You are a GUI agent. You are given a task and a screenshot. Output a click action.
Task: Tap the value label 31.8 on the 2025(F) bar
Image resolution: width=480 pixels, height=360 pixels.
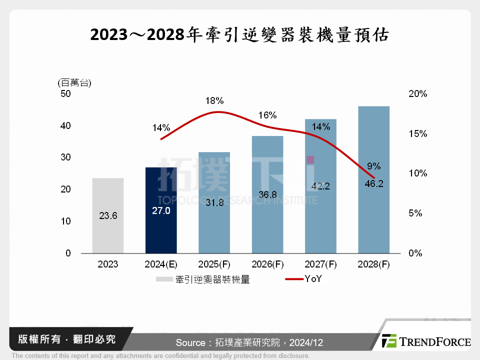point(214,204)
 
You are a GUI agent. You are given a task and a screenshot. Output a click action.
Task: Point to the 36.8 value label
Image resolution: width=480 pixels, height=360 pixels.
point(267,195)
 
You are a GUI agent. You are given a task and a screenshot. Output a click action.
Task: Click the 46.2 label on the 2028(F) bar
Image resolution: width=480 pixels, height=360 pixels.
point(373,183)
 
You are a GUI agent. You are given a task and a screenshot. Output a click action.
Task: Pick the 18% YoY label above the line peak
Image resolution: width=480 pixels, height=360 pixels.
point(214,101)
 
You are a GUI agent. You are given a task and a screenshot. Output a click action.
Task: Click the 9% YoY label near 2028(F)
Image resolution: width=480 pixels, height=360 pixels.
point(374,166)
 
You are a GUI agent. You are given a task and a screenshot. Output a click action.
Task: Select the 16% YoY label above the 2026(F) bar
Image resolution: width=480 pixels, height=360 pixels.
point(267,115)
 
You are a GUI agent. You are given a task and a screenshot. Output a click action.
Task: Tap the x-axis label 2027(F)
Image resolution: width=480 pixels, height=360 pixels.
point(320,264)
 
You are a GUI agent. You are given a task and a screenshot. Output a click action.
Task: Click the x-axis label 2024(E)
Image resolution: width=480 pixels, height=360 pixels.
point(161,264)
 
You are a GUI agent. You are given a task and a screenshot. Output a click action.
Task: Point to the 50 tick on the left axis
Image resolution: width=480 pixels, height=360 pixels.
point(66,94)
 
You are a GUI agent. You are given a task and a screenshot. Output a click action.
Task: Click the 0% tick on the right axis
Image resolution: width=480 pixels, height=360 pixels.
point(415,253)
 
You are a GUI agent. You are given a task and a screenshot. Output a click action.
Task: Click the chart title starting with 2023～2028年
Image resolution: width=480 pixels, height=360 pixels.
point(240,36)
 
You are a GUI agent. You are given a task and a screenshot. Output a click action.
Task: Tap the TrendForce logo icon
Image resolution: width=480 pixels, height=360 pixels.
point(389,341)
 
